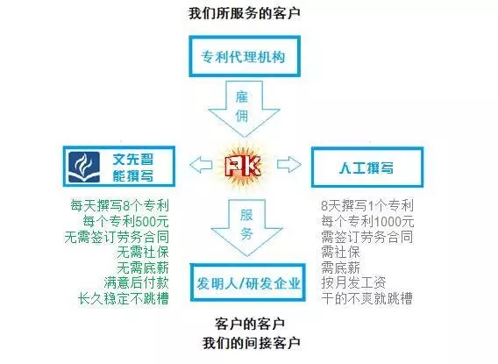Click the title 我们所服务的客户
(245, 14)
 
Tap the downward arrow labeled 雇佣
(244, 109)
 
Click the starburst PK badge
(244, 166)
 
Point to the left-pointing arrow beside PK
(201, 165)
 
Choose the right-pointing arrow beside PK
(289, 164)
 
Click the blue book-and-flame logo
(84, 167)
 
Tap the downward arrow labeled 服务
(246, 227)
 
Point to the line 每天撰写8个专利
(119, 205)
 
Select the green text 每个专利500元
(125, 221)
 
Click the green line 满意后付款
(136, 282)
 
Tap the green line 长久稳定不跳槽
(124, 298)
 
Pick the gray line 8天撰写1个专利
(367, 205)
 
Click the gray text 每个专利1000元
(367, 221)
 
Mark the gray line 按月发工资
(353, 282)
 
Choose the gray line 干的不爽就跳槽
(366, 298)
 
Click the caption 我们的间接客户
(252, 343)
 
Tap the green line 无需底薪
(143, 268)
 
